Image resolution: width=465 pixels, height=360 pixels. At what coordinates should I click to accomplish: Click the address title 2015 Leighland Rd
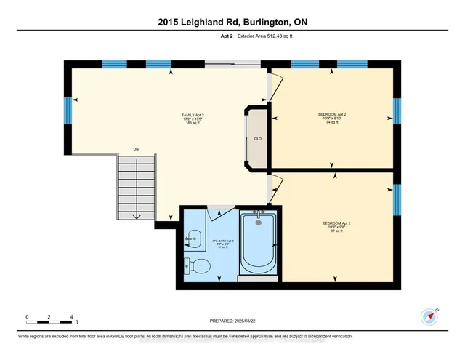click(232, 23)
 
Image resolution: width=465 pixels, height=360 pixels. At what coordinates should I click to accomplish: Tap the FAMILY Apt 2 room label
click(193, 119)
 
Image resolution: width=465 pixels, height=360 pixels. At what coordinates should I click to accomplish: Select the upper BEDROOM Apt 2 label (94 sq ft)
click(332, 119)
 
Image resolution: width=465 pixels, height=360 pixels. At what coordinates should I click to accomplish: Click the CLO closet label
click(257, 138)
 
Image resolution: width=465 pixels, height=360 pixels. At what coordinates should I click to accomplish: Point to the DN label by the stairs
click(136, 150)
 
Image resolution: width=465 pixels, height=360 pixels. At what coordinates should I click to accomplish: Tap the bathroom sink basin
click(192, 235)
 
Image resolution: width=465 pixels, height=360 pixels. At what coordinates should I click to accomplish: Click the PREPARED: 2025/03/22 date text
click(232, 321)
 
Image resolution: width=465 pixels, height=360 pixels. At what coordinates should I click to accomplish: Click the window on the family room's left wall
click(68, 111)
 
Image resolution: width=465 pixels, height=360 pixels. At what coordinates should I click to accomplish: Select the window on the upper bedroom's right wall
click(397, 111)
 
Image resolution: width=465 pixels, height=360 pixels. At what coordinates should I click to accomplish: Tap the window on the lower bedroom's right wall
click(397, 199)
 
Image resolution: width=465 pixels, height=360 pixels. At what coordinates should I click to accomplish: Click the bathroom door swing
click(219, 212)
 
